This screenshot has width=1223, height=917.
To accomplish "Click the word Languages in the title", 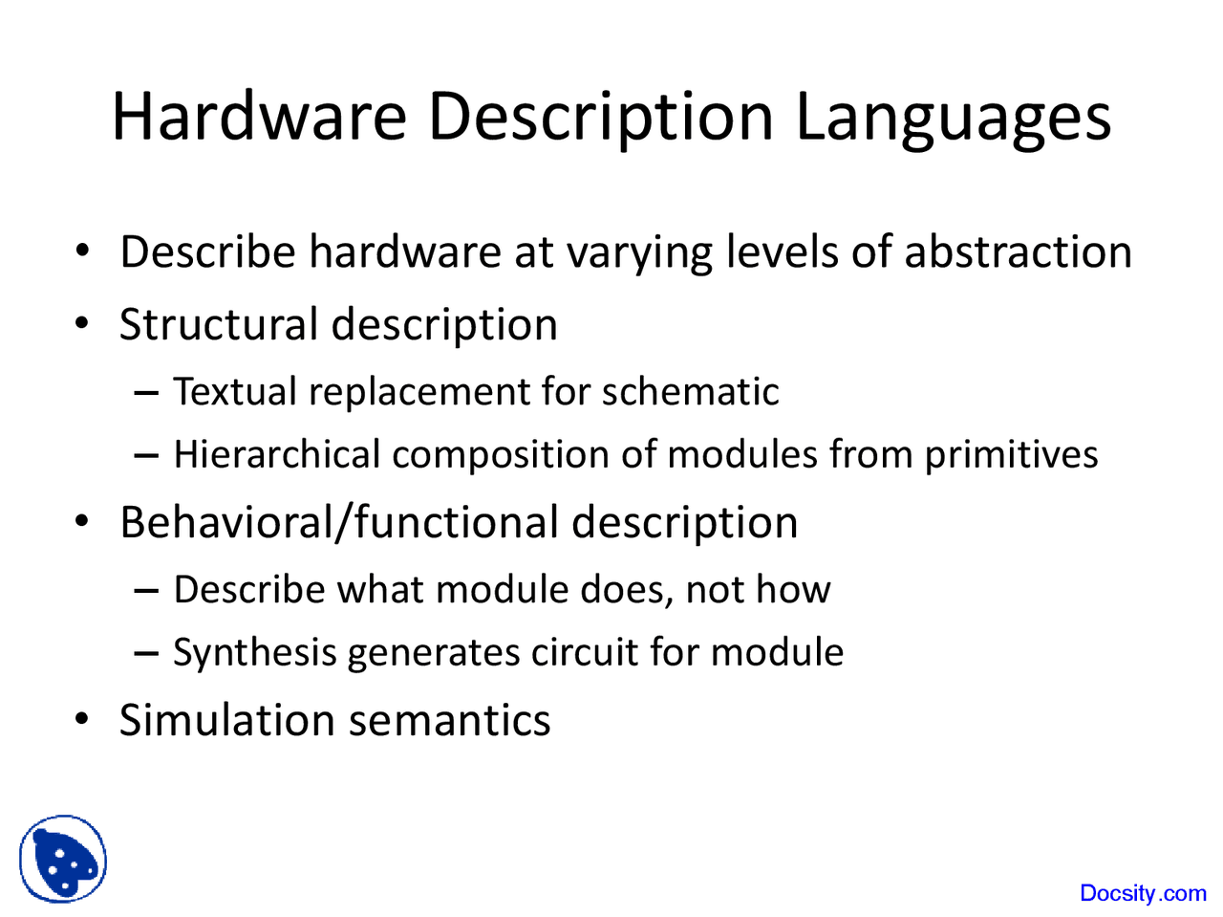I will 953,119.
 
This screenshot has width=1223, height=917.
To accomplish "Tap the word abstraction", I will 1018,252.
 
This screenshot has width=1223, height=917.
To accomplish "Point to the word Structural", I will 218,324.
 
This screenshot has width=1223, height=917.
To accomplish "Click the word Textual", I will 234,392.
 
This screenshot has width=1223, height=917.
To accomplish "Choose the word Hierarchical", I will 277,455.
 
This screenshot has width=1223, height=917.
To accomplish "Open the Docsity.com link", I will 1143,893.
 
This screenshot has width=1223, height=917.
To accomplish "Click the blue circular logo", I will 63,859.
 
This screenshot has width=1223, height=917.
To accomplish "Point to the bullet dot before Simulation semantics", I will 84,719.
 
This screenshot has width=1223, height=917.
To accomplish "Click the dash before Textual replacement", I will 145,393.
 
